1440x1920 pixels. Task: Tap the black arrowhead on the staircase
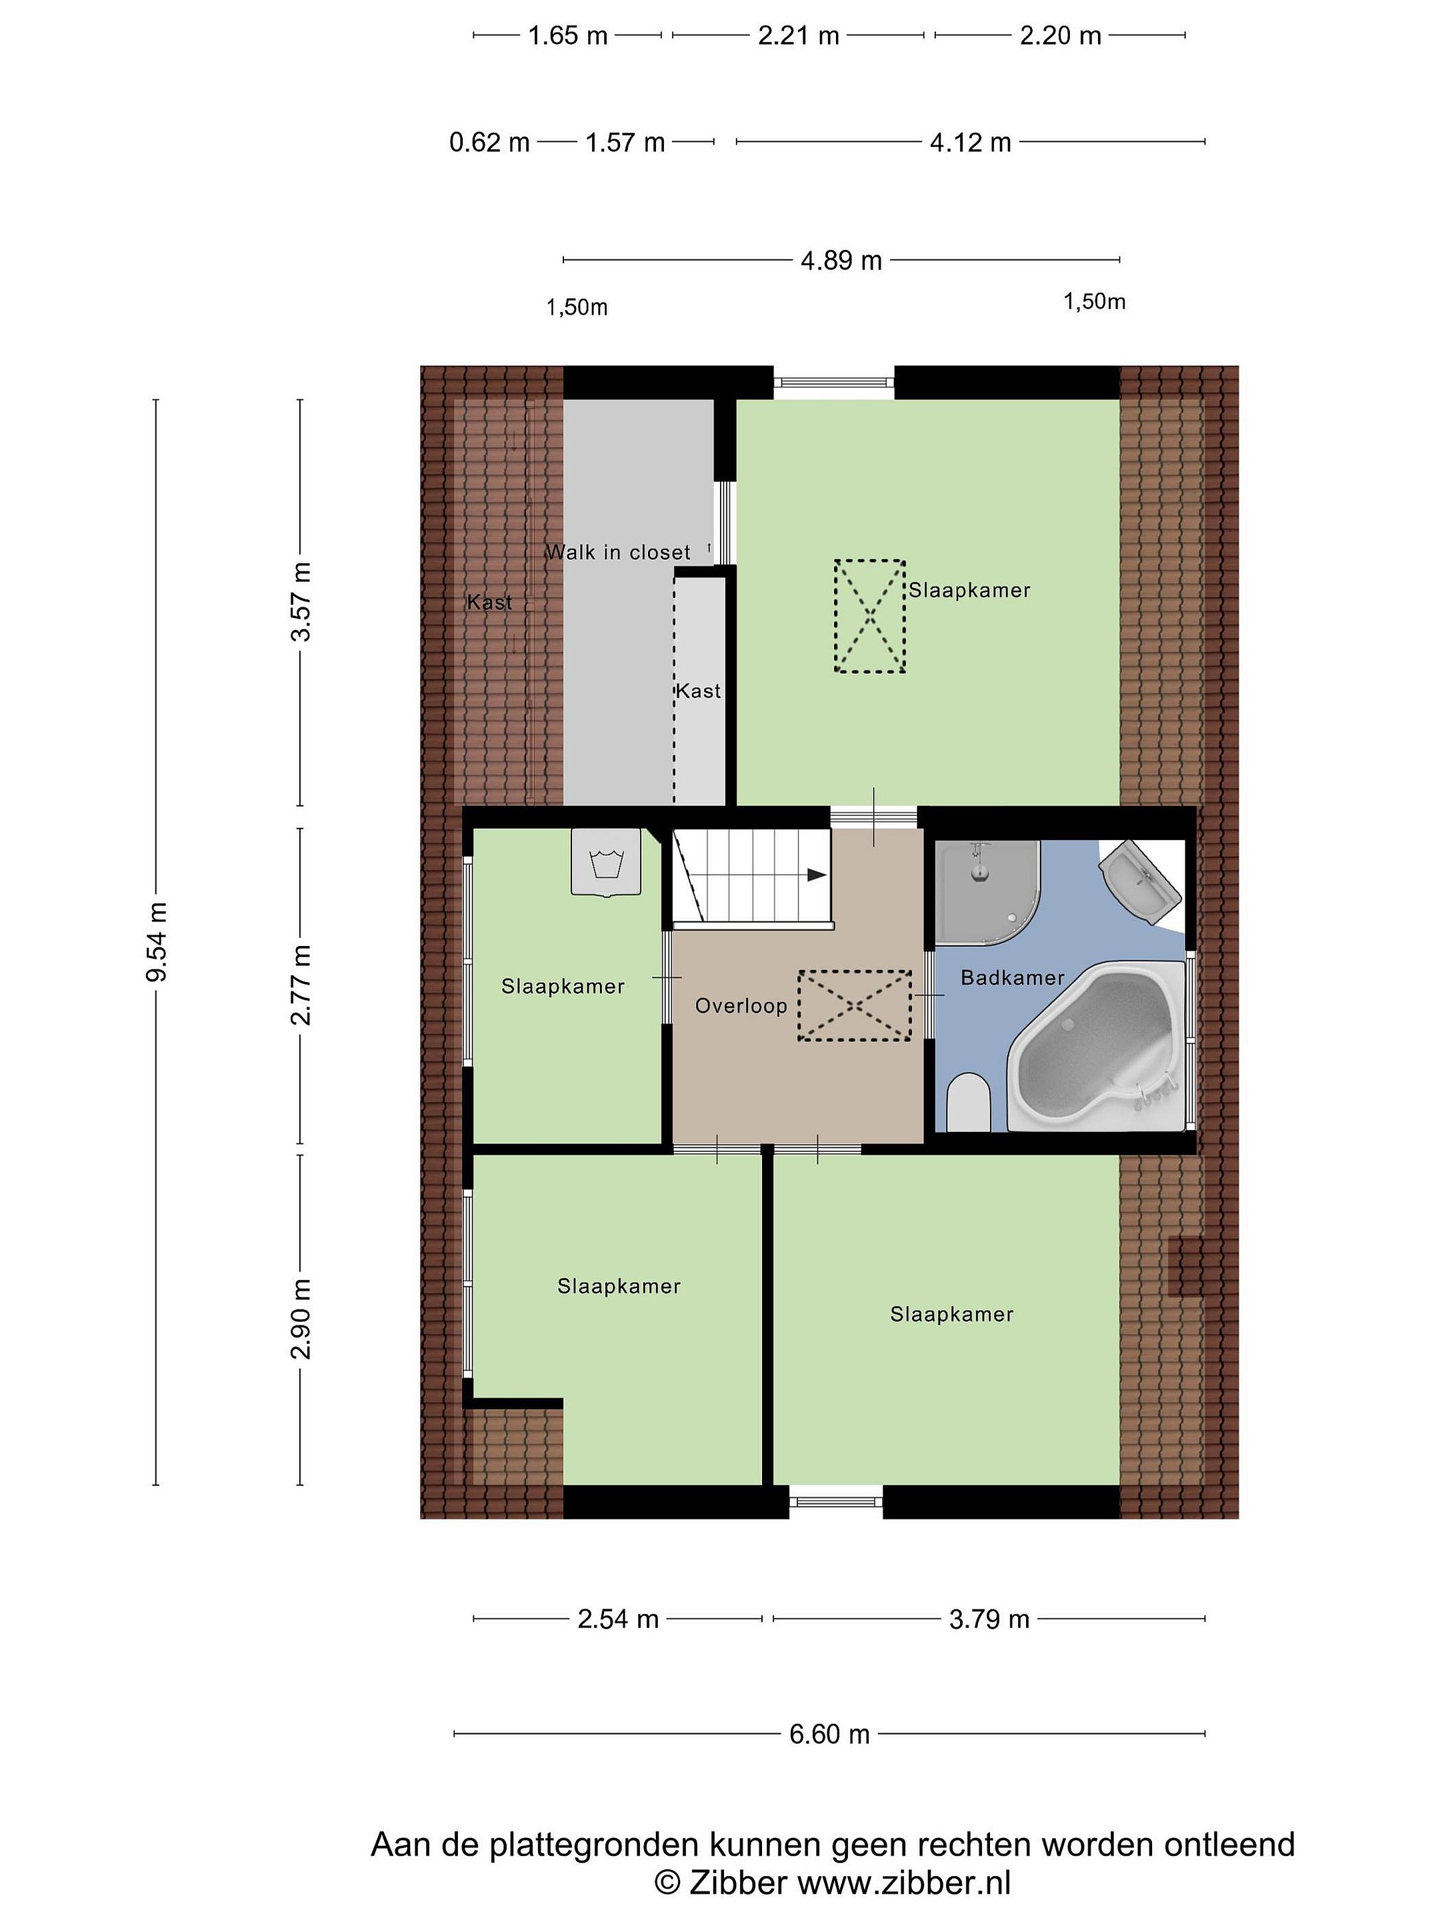pyautogui.click(x=816, y=875)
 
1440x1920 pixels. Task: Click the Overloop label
pyautogui.click(x=741, y=1006)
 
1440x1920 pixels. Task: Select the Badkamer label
pyautogui.click(x=1012, y=977)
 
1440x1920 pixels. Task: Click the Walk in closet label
pyautogui.click(x=618, y=552)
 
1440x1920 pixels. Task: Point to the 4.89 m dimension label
pyautogui.click(x=841, y=261)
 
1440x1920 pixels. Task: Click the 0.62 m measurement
pyautogui.click(x=489, y=143)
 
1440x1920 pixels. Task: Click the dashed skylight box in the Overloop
pyautogui.click(x=855, y=1005)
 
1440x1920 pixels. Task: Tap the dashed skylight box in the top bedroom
pyautogui.click(x=870, y=615)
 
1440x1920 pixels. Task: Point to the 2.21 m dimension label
pyautogui.click(x=799, y=35)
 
